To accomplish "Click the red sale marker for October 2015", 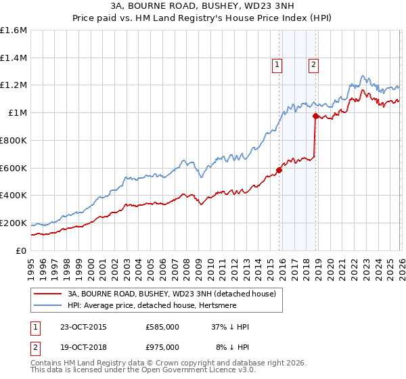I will point(279,170).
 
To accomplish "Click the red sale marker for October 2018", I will point(315,116).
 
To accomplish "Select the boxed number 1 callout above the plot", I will point(277,65).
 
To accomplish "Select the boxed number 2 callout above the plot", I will point(314,65).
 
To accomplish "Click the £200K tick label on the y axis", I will point(14,223).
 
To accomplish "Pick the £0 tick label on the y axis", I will point(21,250).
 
